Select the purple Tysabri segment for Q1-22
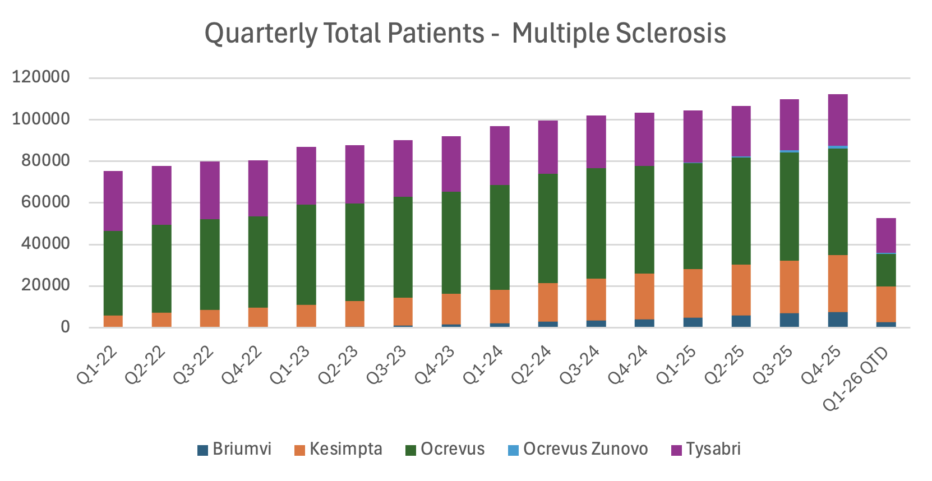click(x=113, y=201)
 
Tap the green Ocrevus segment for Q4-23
click(x=451, y=242)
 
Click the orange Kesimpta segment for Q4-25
click(x=838, y=284)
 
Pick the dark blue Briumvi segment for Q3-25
click(x=790, y=320)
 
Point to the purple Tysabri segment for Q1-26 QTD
click(x=886, y=235)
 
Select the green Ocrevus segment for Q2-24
click(x=548, y=228)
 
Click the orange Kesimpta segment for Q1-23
click(x=306, y=316)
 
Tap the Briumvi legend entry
click(x=234, y=449)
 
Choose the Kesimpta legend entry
click(x=338, y=449)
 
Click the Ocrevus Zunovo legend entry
click(x=578, y=449)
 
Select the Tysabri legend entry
click(x=706, y=449)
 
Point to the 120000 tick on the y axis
click(x=41, y=77)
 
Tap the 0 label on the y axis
click(x=65, y=327)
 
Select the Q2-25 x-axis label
click(x=725, y=366)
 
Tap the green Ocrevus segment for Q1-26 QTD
click(x=886, y=270)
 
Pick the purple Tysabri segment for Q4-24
click(x=644, y=139)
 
